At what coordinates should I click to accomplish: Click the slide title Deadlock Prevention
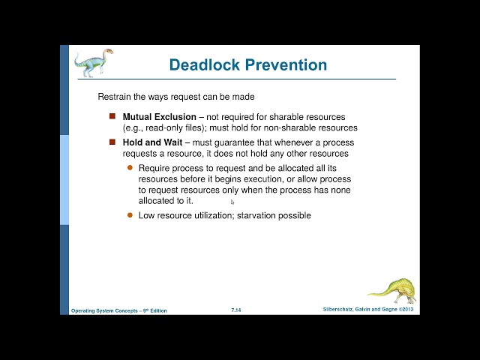click(x=247, y=64)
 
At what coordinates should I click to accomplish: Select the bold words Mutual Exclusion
click(x=160, y=117)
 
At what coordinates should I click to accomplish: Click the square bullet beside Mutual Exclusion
click(x=112, y=117)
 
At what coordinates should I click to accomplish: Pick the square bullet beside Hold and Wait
click(x=112, y=142)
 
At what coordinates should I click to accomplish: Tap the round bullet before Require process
click(x=130, y=167)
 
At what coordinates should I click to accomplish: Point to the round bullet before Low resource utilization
click(x=130, y=215)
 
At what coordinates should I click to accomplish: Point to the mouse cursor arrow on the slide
click(x=232, y=202)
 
